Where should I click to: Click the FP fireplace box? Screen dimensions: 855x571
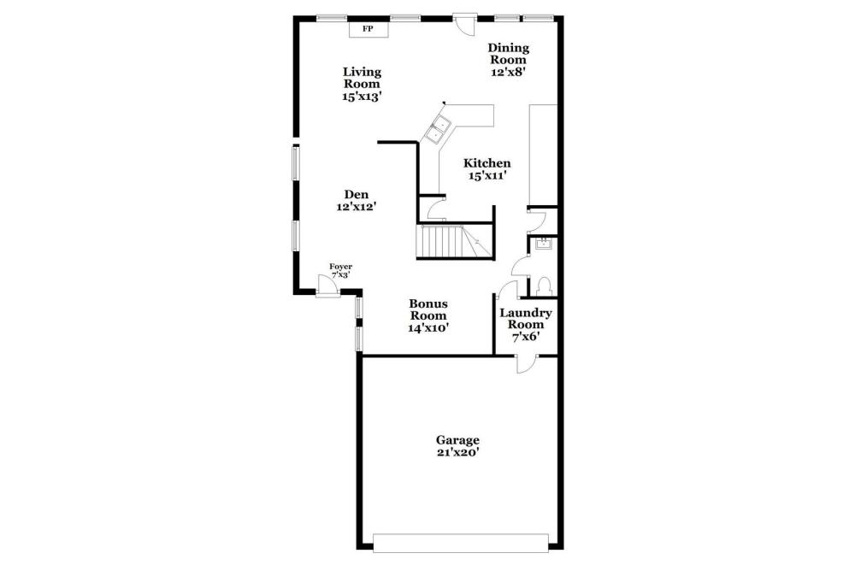(x=369, y=29)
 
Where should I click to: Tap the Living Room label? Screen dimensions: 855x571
(x=362, y=78)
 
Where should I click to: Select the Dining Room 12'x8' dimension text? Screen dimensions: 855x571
(x=508, y=72)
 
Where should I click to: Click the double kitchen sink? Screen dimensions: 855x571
(x=439, y=129)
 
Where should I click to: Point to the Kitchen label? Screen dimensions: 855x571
(x=487, y=163)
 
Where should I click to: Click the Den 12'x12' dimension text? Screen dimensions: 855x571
(x=357, y=207)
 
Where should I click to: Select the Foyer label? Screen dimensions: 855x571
(x=341, y=267)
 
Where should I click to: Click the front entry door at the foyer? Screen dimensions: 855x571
(x=327, y=285)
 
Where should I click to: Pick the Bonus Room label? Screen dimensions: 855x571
(x=428, y=309)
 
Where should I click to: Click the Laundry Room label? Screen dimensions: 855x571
(x=526, y=319)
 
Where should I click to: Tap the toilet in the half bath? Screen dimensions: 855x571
(x=543, y=286)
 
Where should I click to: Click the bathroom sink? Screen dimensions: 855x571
(x=544, y=244)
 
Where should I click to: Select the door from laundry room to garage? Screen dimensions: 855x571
(x=527, y=364)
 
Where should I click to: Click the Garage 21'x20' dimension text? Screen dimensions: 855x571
(x=458, y=452)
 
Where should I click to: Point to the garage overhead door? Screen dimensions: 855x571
(x=461, y=543)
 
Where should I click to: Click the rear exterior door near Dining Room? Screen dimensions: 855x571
(x=465, y=26)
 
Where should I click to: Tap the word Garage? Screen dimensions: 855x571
(x=457, y=440)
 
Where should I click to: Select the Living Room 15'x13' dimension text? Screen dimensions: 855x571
(x=362, y=97)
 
